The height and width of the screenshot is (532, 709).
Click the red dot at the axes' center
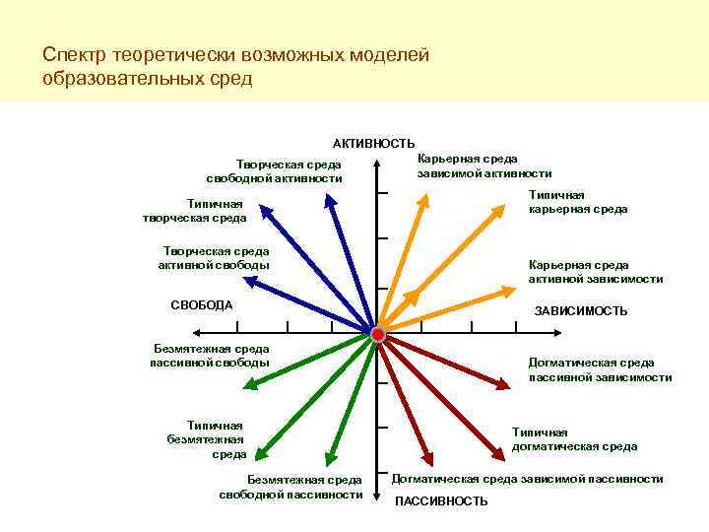378,335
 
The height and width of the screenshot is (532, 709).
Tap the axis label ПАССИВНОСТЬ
441,501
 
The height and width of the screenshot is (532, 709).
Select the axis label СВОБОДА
201,304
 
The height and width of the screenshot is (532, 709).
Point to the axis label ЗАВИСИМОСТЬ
581,311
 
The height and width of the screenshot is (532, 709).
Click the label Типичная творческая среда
194,211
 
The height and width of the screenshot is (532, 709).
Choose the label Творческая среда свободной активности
274,171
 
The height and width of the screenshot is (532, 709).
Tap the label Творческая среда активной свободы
216,258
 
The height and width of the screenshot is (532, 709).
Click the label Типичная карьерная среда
578,202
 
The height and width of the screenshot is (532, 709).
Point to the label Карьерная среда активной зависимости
596,272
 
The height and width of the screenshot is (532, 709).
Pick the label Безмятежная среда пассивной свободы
210,356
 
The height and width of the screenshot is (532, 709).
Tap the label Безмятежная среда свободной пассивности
290,487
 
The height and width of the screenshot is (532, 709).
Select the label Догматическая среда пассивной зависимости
600,369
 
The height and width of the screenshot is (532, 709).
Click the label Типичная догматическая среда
574,439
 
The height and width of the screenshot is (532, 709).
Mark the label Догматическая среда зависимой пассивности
528,479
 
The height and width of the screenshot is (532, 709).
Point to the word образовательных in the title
123,78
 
